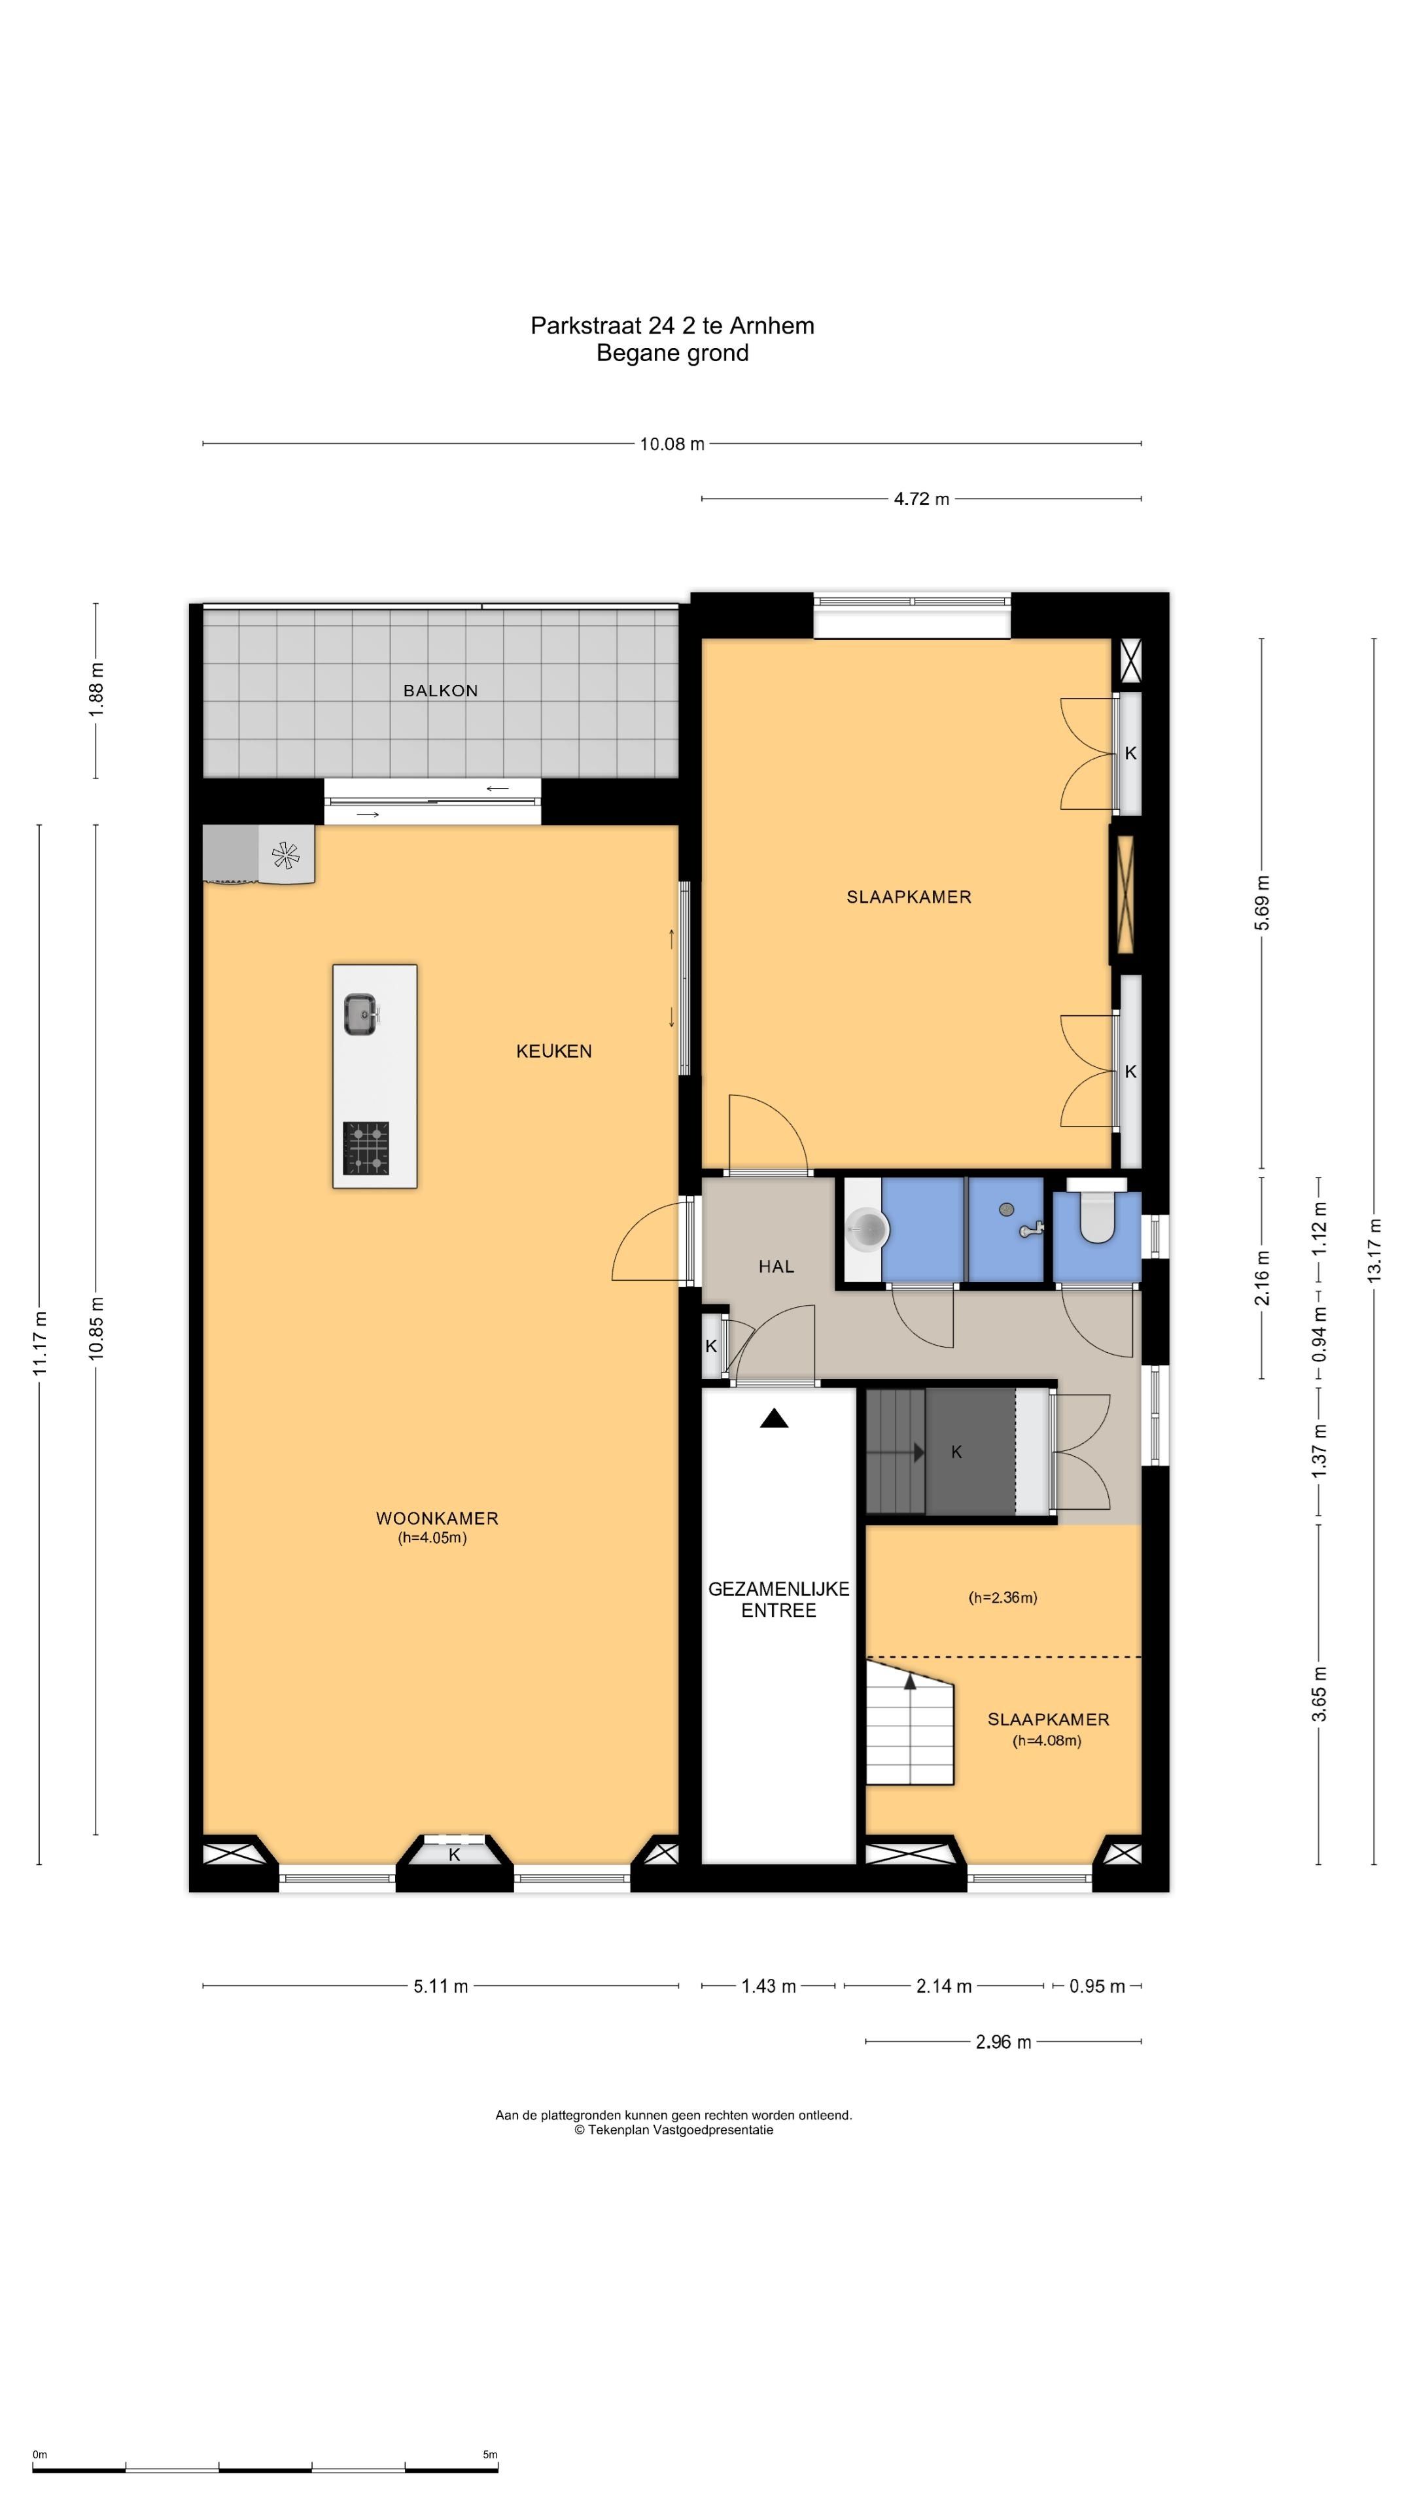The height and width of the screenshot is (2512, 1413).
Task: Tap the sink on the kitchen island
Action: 361,1014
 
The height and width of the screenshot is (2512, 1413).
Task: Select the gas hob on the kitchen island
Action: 366,1148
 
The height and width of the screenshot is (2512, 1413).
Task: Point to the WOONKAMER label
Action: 437,1518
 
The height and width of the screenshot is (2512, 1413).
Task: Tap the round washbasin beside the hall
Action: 867,1229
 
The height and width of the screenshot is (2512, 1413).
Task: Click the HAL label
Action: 776,1266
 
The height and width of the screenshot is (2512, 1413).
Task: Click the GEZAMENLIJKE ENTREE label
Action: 778,1599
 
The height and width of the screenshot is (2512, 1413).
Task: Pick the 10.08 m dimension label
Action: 672,444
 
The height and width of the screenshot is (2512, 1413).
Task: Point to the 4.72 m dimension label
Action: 922,499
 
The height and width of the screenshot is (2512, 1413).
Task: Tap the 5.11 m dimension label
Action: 441,1987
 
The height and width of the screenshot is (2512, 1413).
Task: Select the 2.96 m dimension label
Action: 1003,2042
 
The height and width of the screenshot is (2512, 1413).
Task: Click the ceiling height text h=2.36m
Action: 1002,1597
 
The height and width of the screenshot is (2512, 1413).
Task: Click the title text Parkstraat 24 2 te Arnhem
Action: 672,326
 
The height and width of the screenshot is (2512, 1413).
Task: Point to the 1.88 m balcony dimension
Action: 96,689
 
